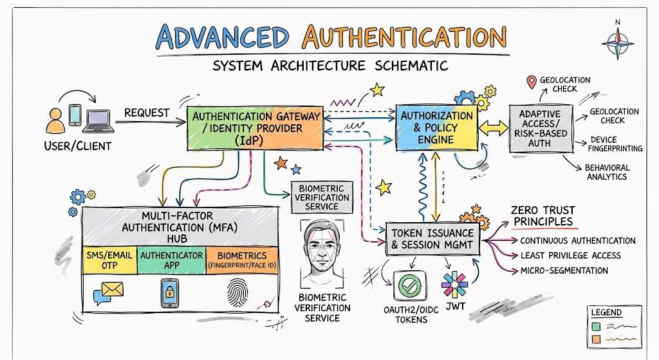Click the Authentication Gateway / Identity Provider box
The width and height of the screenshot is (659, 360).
point(255,128)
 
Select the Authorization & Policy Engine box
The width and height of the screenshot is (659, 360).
point(437,128)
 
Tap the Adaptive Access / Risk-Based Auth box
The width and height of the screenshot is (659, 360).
point(541,128)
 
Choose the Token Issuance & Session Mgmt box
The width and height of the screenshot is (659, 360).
point(432,239)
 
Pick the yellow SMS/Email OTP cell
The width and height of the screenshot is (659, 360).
point(109,260)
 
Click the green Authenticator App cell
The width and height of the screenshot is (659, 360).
point(171,260)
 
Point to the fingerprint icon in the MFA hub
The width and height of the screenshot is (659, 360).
point(237,292)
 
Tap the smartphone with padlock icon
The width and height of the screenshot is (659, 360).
point(170,293)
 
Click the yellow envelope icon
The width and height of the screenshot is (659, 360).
point(113,289)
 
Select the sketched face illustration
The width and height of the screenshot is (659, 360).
point(322,252)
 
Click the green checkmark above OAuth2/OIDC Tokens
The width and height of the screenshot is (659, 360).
point(409,285)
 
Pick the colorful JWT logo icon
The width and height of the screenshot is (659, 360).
point(454,284)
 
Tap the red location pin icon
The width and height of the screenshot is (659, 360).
point(532,82)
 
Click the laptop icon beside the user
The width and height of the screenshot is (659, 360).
point(98,121)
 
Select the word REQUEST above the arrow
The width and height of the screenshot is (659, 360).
point(147,113)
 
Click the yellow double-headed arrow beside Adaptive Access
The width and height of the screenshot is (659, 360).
point(494,128)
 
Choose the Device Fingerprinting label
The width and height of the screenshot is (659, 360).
point(615,144)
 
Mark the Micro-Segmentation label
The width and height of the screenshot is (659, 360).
point(564,270)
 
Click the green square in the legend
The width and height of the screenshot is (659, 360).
point(596,327)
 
